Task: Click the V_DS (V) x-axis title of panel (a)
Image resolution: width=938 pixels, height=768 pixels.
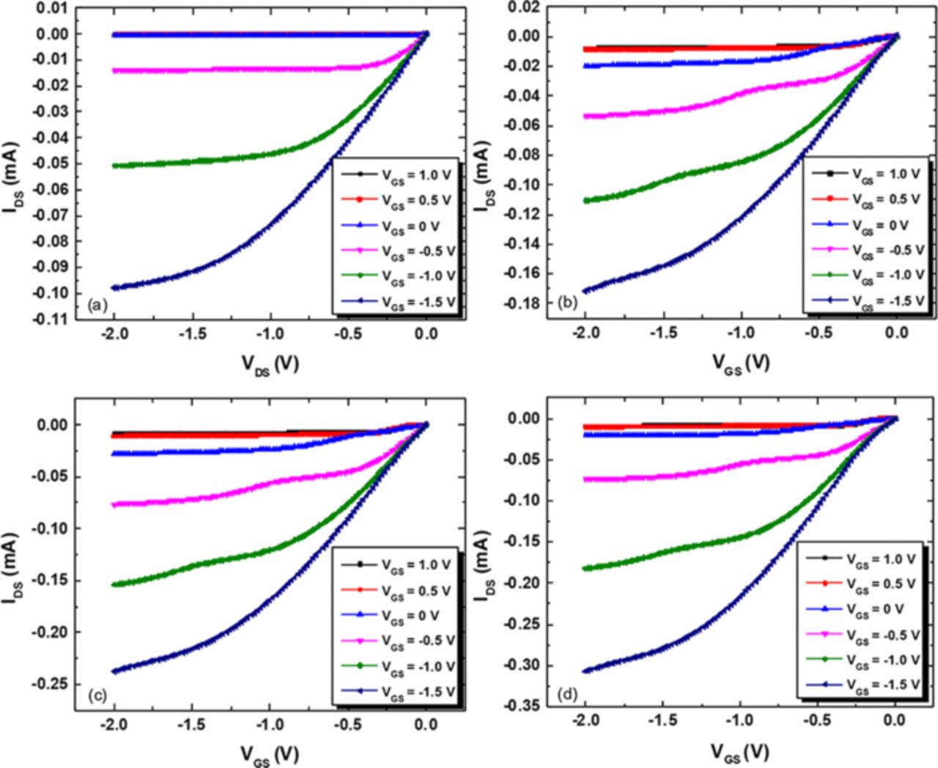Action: point(270,363)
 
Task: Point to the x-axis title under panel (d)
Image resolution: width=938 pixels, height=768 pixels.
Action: point(740,752)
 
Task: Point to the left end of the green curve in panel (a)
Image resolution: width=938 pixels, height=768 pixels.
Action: point(114,166)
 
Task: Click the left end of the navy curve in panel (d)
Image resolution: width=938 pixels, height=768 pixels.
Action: point(585,671)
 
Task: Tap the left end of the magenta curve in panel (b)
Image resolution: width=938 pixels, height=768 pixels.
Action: point(585,116)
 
